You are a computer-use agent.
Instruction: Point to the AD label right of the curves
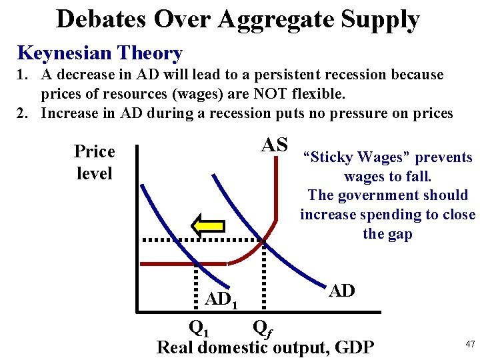342,291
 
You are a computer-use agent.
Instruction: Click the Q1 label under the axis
199,327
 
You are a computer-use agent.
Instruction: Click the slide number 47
470,344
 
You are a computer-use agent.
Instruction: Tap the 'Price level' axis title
95,162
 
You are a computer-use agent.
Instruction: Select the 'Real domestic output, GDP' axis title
265,347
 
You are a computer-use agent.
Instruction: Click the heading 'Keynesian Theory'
100,53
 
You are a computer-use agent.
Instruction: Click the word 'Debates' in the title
101,19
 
